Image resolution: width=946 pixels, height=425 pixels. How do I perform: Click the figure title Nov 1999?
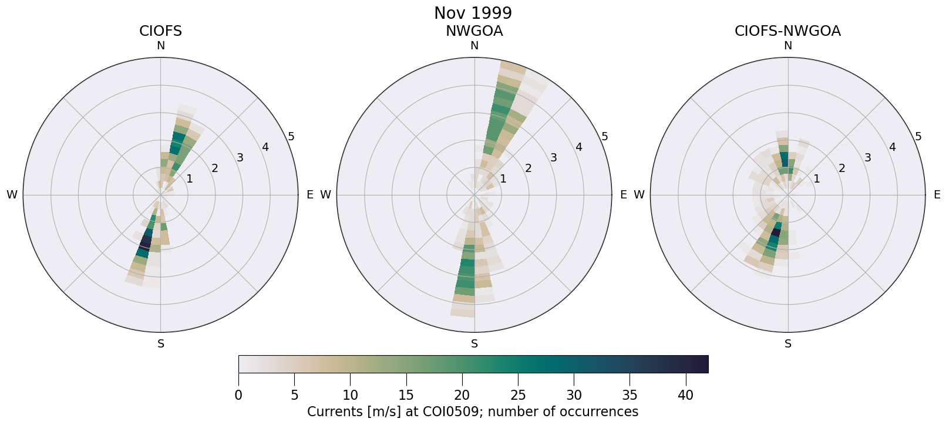coord(473,13)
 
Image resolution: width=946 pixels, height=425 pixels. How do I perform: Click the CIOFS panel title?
coord(160,31)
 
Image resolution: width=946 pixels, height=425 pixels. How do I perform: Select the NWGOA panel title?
coord(474,31)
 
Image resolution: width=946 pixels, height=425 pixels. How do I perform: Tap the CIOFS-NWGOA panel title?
coord(787,31)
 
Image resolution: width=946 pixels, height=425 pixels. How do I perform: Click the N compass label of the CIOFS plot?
coord(160,46)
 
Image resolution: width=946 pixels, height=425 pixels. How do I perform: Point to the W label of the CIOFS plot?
coord(12,195)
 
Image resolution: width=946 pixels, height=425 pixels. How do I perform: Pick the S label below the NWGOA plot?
coord(474,344)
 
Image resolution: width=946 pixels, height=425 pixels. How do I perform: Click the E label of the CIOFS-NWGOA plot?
coord(937,195)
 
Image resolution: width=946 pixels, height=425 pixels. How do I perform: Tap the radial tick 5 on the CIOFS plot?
coord(291,137)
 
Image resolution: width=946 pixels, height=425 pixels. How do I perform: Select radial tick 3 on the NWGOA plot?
coord(553,157)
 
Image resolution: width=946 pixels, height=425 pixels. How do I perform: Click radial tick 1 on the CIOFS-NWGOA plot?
coord(816,178)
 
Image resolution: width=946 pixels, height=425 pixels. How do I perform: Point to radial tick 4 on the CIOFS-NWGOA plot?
coord(893,147)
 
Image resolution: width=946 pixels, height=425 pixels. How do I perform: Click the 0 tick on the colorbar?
coord(238,395)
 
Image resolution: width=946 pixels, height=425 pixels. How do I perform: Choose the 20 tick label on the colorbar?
coord(462,395)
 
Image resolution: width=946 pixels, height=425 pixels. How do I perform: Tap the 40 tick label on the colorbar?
coord(685,395)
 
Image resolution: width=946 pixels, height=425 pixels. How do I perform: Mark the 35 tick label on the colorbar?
coord(629,395)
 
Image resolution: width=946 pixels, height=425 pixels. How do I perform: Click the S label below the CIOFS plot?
coord(160,344)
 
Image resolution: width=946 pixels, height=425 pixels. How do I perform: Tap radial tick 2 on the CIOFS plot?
coord(215,168)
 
